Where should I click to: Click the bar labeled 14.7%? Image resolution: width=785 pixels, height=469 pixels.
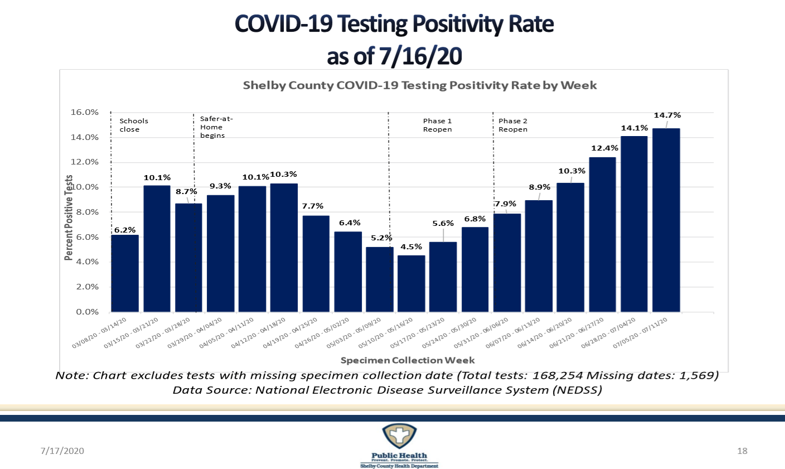666,220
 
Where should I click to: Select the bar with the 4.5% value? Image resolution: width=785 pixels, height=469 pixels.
411,283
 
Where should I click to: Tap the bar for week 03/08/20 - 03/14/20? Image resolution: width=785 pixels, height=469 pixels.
125,273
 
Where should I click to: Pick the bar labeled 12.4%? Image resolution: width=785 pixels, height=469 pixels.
602,234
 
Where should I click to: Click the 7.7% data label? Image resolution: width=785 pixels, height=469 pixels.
313,206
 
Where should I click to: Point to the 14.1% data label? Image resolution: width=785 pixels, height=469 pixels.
634,128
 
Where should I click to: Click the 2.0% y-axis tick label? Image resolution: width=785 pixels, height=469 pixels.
87,287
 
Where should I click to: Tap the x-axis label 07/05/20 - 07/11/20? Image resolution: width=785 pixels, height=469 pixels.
648,333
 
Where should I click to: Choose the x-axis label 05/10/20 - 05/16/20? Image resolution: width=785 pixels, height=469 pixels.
394,333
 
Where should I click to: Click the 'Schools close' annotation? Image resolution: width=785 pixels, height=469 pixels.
134,125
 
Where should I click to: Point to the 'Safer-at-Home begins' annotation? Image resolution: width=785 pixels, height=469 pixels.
216,127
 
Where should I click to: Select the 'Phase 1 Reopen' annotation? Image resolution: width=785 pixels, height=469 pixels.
437,125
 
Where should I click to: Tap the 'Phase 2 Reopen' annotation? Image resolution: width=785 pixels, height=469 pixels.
513,125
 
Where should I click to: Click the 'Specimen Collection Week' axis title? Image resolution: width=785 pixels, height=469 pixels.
408,360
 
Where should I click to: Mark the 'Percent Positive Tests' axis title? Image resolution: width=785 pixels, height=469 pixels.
69,217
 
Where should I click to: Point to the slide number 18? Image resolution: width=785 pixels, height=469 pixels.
742,451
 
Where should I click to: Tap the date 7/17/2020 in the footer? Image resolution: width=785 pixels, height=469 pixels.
62,451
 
